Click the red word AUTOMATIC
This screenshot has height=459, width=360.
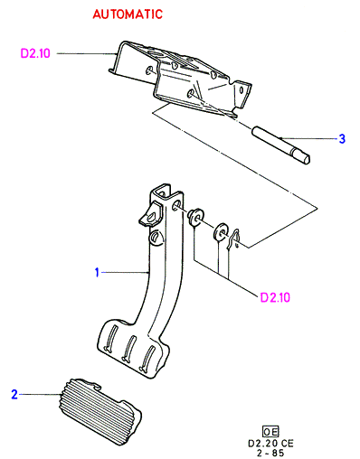coord(128,14)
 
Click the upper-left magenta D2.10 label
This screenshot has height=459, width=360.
coord(35,53)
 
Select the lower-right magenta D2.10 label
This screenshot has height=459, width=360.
coord(275,297)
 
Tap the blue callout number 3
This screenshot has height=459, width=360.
coord(342,139)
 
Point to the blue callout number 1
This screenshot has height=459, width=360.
coord(97,272)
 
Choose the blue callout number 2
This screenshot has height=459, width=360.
coord(14,394)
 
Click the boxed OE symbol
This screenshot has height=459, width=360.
coord(270,432)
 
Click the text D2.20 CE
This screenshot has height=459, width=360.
coord(270,443)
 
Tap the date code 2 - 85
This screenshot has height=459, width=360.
coord(270,453)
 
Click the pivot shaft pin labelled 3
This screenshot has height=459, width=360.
coord(281,145)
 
